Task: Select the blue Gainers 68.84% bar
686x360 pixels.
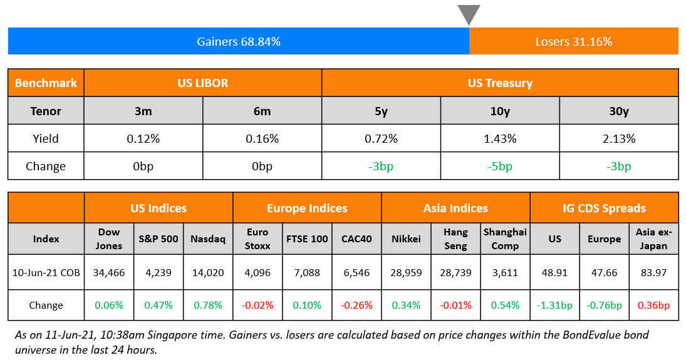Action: (x=238, y=42)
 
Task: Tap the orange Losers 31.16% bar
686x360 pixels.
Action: (x=573, y=42)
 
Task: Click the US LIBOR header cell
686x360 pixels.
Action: (x=202, y=83)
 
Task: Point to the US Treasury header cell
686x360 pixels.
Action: (x=499, y=83)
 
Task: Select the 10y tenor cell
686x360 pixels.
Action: (x=500, y=111)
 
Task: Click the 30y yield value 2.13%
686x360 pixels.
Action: (x=618, y=138)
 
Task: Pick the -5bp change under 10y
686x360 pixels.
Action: (x=500, y=167)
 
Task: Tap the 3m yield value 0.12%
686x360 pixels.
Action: (x=143, y=138)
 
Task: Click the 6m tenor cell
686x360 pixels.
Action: (x=262, y=111)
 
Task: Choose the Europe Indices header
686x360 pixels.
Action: (x=307, y=208)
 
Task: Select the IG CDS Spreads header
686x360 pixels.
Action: (x=604, y=208)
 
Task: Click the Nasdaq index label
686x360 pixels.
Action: (x=208, y=239)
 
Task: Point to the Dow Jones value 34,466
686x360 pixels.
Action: (x=109, y=273)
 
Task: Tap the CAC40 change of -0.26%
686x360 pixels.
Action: (x=356, y=306)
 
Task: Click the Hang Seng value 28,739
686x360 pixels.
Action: (x=455, y=273)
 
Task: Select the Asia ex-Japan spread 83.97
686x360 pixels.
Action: (x=653, y=273)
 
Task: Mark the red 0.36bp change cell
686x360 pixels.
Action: (x=653, y=306)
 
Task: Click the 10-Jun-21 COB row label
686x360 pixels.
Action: (x=46, y=273)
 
